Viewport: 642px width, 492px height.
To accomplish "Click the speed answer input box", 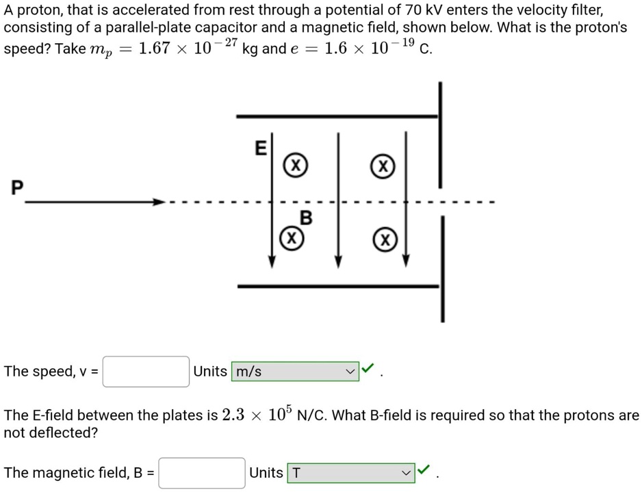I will point(146,372).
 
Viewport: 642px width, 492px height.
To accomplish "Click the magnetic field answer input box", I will point(201,473).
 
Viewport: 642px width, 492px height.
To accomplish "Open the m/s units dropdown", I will point(295,372).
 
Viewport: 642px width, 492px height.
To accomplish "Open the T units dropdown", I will point(350,473).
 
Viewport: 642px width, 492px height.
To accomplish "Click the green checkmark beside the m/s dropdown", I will point(368,370).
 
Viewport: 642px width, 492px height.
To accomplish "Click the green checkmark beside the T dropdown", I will point(424,470).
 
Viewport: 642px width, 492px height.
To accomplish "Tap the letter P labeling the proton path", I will point(17,186).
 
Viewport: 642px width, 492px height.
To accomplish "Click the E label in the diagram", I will point(260,148).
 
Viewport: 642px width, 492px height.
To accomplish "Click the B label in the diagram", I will point(306,218).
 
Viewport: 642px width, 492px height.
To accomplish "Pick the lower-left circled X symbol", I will point(291,238).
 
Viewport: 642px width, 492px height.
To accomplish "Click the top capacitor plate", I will point(336,116).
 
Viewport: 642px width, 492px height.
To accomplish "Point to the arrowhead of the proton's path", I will point(159,202).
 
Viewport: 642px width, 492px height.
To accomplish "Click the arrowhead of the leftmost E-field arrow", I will point(272,263).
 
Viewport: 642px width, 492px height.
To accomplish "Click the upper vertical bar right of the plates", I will point(440,133).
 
